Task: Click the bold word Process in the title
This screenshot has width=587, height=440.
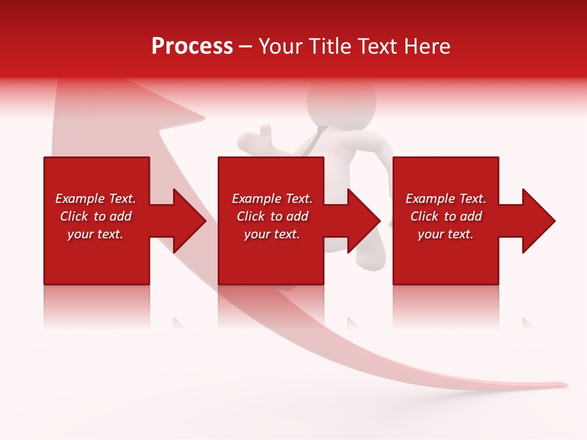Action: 192,46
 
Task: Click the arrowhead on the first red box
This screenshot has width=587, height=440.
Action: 186,221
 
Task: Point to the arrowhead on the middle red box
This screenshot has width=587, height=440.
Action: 361,221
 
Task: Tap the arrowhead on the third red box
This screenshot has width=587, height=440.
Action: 536,221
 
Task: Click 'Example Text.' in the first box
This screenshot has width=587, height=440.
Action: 95,199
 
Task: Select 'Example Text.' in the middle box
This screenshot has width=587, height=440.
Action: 272,199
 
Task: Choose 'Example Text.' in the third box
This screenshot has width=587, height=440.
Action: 446,199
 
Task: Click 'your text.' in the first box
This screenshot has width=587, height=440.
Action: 95,234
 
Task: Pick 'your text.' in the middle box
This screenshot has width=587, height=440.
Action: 272,234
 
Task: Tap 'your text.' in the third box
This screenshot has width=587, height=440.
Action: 446,234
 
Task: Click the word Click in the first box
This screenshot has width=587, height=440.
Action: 74,216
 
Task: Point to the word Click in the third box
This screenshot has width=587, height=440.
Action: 424,216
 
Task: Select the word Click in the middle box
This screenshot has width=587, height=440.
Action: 251,216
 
